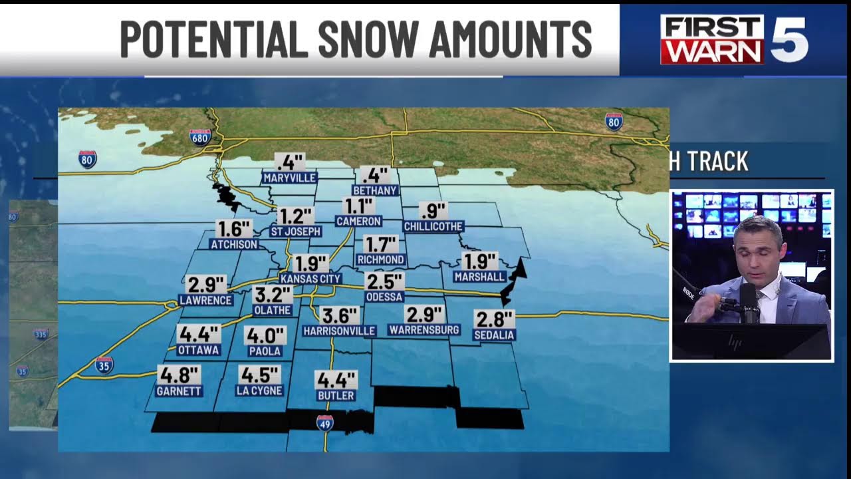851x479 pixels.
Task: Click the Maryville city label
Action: point(289,178)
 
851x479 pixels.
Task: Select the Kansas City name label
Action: point(310,279)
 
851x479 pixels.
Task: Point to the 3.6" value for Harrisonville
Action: point(340,315)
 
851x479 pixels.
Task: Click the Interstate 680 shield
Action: point(200,137)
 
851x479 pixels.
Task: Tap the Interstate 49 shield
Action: point(325,422)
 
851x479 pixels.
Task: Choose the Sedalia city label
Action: point(494,335)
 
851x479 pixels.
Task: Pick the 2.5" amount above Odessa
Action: point(384,281)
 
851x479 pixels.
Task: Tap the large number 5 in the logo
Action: point(789,40)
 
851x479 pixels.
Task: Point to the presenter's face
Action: point(759,246)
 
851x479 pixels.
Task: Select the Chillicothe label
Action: point(433,226)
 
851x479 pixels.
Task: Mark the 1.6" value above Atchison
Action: point(234,229)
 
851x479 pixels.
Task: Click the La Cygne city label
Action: point(259,391)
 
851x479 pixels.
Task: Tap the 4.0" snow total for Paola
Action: point(265,335)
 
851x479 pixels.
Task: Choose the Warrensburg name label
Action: point(424,330)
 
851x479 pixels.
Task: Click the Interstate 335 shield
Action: point(41,334)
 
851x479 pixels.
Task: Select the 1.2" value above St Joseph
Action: point(295,216)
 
